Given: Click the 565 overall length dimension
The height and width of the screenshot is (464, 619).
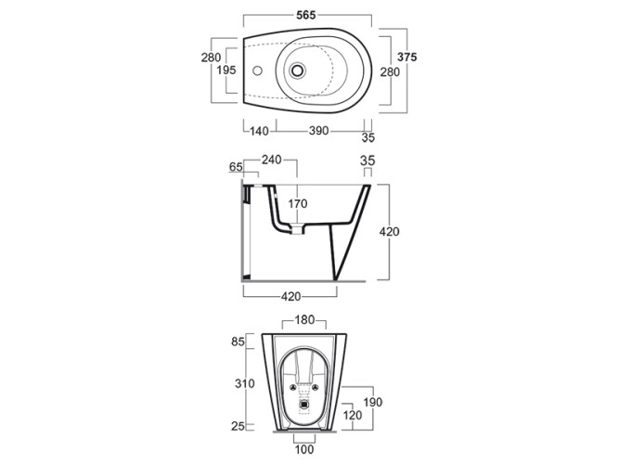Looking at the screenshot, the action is point(306,15).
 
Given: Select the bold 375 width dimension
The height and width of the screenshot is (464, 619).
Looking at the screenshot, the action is point(407,58).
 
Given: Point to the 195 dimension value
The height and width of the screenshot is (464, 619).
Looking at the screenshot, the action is point(226,70).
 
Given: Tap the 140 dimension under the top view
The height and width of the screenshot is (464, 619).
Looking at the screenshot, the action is point(259,131).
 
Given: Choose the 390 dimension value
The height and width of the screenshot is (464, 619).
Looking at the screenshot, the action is point(318,131).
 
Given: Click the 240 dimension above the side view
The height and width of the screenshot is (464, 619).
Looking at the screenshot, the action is point(272,160).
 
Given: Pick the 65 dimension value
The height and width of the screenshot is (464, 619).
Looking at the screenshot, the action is point(236,167).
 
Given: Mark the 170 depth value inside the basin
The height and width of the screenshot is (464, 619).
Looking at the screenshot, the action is point(297,204).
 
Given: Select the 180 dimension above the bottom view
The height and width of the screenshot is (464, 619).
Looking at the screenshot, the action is point(304,320).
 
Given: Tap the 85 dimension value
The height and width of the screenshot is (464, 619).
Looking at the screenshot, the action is point(239,342).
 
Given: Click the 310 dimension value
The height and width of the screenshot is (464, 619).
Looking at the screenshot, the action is point(245,383).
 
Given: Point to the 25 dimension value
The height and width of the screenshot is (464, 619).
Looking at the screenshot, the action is point(239,426).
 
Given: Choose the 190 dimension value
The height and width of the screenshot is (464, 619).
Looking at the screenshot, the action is point(373,403).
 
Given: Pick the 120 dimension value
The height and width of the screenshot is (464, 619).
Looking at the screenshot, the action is point(352,415).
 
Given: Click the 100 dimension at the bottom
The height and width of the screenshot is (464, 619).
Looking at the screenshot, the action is point(304,449).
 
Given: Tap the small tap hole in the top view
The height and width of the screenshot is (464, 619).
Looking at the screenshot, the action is point(257,71).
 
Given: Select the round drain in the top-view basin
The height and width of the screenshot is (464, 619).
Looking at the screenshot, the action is point(297,71).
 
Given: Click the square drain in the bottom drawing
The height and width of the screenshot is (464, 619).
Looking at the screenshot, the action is point(304,404).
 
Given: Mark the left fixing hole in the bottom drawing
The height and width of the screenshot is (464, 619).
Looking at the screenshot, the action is point(292,388).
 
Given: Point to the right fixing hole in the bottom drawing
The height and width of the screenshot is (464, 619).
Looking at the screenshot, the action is point(315,388).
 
